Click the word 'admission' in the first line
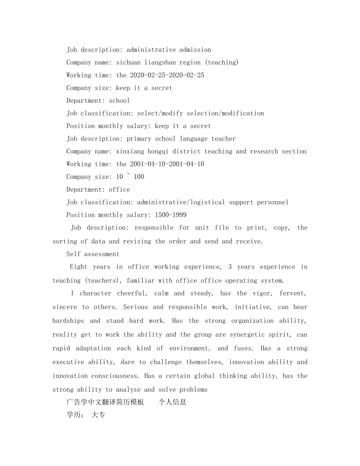[195, 50]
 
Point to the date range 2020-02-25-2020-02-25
[167, 75]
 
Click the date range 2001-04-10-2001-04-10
[167, 164]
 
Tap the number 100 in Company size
[139, 177]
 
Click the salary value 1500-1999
[171, 215]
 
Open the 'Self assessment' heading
[93, 254]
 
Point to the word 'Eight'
[78, 267]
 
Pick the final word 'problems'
[194, 389]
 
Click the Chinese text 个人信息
[172, 402]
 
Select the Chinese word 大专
[98, 415]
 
